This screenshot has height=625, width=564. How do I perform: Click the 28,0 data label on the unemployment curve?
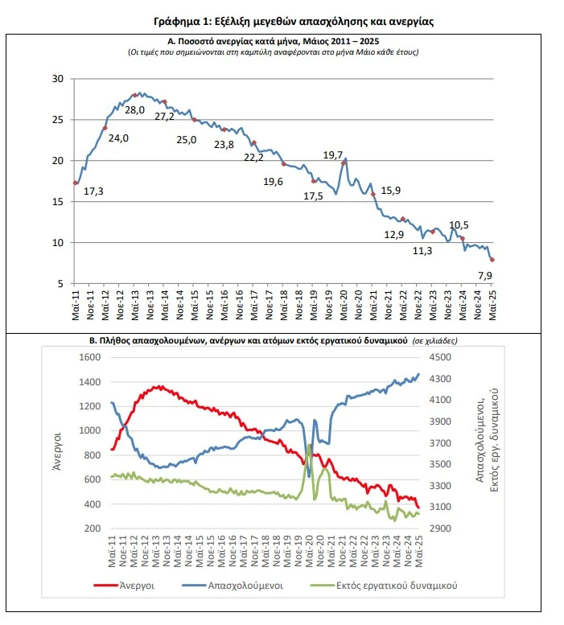point(134,110)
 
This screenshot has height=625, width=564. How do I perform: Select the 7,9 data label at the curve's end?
point(484,275)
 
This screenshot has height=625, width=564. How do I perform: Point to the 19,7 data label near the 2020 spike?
point(333,155)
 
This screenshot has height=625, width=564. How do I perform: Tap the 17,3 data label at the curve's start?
point(93,191)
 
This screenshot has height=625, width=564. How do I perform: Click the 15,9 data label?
point(390,191)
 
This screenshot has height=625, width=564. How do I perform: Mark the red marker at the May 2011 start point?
point(76,183)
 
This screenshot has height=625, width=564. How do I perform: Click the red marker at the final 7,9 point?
point(492,260)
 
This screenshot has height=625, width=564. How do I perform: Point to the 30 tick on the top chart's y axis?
point(58,79)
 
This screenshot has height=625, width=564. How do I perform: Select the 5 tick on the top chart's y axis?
point(60,284)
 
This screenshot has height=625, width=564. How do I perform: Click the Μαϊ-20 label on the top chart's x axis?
point(344,306)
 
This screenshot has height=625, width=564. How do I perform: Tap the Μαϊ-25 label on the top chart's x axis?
point(492,306)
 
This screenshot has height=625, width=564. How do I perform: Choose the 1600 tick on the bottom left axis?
point(89,357)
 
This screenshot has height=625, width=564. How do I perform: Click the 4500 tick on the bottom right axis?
point(440,357)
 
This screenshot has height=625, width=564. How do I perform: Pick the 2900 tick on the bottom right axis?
point(440,528)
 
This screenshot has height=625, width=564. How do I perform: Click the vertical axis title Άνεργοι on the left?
point(57,451)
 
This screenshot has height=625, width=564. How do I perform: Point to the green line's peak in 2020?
point(309,445)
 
